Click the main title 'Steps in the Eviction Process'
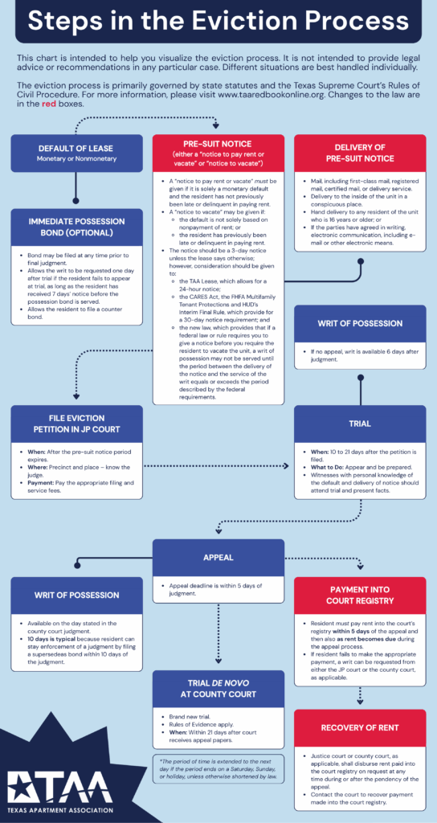point(218,23)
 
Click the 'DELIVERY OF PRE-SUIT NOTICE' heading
point(359,152)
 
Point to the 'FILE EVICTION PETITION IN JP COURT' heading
point(76,424)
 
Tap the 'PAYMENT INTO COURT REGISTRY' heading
point(359,595)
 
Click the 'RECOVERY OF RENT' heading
point(359,728)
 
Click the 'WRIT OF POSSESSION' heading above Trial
point(359,322)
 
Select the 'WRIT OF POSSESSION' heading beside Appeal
point(76,596)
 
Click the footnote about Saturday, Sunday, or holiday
point(218,770)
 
